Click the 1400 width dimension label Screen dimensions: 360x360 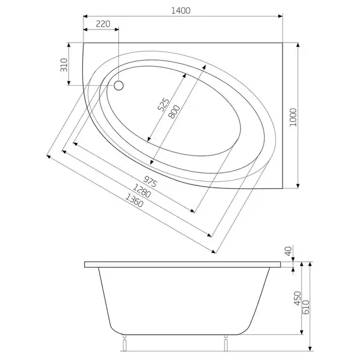(181, 11)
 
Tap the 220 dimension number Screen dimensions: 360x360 (103, 24)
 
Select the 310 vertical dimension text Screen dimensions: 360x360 (64, 65)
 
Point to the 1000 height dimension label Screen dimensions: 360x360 (293, 118)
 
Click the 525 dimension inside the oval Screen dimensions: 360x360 (163, 104)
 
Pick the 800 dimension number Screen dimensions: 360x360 (174, 112)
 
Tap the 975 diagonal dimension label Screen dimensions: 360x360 (151, 181)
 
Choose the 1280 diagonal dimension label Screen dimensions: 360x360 (142, 191)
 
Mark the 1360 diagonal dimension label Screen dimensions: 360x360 (134, 200)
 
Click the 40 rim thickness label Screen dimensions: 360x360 (289, 251)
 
